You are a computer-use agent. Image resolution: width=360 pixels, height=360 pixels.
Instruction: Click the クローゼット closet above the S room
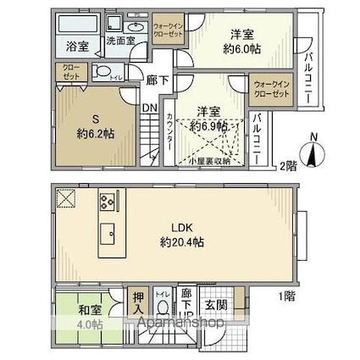point(70,73)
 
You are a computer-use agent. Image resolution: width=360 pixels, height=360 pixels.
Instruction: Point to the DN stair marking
point(147,108)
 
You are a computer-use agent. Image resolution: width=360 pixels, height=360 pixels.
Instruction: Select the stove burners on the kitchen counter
point(108,202)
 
